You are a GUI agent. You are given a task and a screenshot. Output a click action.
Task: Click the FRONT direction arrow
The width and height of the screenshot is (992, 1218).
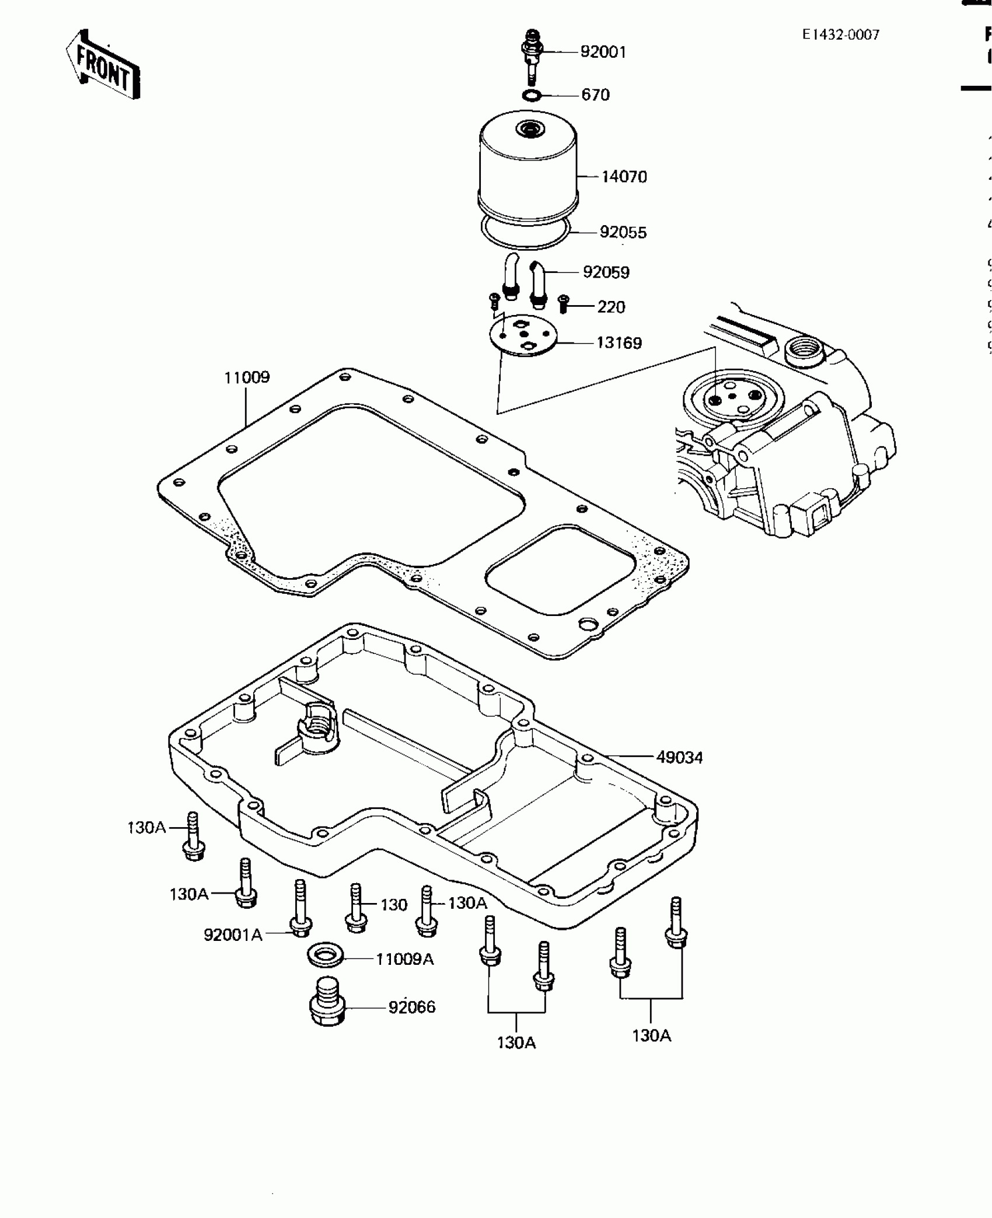point(103,65)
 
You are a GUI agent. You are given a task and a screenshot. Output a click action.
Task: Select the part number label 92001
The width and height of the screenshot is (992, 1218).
point(603,52)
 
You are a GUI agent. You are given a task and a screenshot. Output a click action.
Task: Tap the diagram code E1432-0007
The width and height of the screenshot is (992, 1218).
point(840,35)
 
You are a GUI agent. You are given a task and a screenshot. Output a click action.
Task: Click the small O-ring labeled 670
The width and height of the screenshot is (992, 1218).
point(532,95)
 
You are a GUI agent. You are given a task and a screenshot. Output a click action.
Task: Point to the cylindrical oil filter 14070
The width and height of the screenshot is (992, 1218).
point(528,169)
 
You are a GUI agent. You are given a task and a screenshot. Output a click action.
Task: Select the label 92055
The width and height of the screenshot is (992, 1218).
point(623,233)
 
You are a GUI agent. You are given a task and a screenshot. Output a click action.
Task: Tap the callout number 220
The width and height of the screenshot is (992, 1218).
point(611,307)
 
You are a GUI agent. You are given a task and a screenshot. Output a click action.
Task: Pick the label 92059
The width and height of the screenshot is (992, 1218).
point(606,272)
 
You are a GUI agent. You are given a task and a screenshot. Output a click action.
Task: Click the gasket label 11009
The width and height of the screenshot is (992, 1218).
point(247,377)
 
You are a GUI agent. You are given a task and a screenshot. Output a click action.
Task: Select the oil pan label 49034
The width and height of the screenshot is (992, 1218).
point(679,758)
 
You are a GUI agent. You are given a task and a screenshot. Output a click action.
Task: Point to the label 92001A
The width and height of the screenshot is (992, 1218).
point(233,935)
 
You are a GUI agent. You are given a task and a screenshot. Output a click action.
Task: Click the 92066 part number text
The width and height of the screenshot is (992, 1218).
point(411,1007)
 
